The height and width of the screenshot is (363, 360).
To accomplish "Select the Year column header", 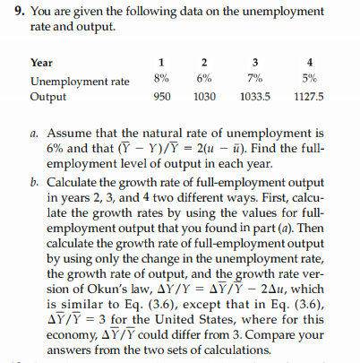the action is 42,65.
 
